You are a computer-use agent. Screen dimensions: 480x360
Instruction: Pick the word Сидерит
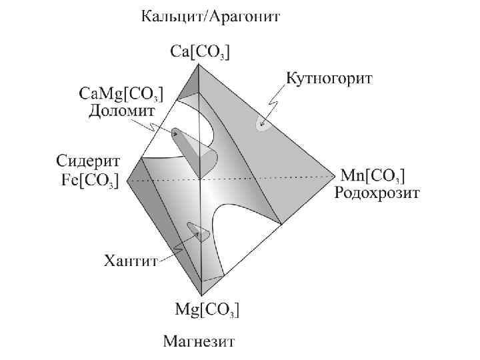pos(87,161)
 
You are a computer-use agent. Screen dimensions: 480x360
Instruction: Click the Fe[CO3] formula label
pos(87,180)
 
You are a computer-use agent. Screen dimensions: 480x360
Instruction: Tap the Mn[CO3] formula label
pos(373,176)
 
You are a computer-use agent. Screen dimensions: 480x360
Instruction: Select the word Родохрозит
pos(377,194)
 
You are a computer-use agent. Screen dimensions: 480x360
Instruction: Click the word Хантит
pos(131,261)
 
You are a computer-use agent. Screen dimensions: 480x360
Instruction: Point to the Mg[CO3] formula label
pos(207,310)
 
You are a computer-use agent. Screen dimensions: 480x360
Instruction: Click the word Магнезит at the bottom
pos(199,343)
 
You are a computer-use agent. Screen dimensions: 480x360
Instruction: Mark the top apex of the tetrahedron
pos(200,65)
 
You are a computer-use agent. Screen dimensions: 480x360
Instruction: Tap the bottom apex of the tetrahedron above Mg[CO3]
pos(202,295)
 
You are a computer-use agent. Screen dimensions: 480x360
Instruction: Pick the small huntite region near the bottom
pos(196,231)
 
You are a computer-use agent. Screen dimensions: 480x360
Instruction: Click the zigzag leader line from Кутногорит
pos(272,105)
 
